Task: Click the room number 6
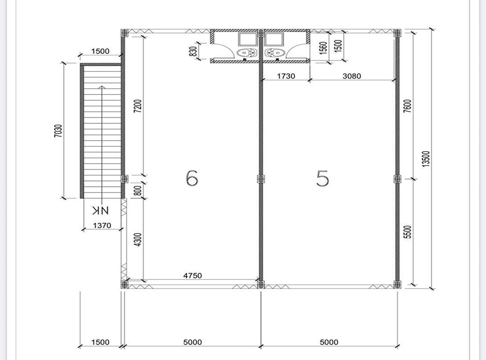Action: click(x=192, y=178)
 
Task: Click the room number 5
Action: click(x=323, y=178)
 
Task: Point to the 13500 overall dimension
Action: click(x=426, y=159)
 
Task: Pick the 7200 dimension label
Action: click(x=138, y=106)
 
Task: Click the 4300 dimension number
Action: click(x=138, y=240)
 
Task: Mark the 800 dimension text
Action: click(x=139, y=190)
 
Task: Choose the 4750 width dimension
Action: click(x=193, y=275)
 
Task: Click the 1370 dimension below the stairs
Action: click(x=102, y=225)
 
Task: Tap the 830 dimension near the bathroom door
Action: click(x=193, y=51)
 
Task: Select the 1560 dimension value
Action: click(x=323, y=48)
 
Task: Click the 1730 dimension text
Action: click(x=286, y=76)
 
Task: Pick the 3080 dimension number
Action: click(x=352, y=76)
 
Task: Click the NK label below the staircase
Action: click(x=100, y=211)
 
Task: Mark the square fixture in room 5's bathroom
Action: click(x=274, y=40)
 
